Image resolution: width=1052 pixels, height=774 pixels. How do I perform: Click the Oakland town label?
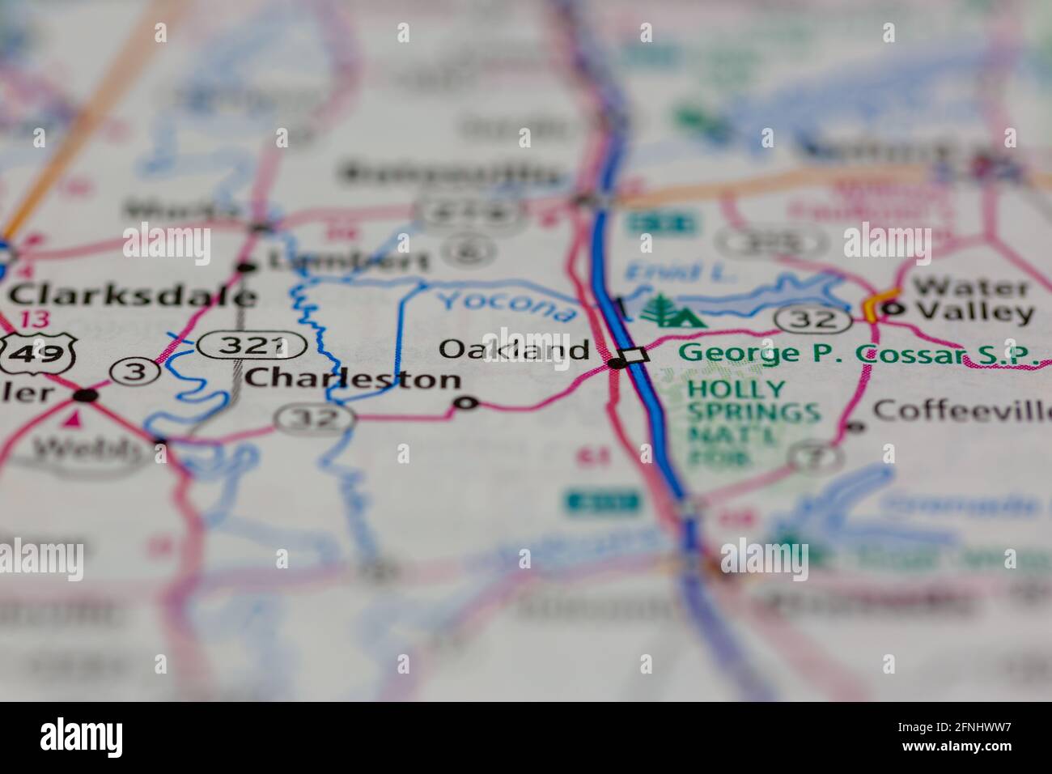click(514, 349)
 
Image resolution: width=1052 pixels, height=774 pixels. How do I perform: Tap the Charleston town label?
click(353, 378)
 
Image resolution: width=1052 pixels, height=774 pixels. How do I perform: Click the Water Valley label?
click(972, 300)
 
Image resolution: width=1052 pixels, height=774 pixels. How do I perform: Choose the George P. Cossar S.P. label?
click(858, 353)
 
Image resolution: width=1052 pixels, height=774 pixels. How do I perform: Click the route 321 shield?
click(252, 346)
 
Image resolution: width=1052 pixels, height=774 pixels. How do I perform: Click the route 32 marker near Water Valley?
click(814, 318)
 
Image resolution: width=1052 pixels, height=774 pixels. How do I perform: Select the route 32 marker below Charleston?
click(315, 419)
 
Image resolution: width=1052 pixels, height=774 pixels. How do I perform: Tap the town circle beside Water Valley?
click(892, 308)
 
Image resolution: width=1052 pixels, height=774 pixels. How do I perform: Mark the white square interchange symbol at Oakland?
click(636, 355)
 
